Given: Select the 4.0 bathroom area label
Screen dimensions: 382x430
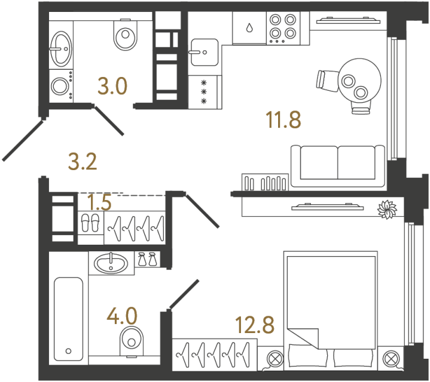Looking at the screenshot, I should [123, 314].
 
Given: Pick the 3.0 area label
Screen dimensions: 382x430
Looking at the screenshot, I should [112, 87].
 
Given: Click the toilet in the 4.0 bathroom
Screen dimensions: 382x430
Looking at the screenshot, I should [130, 341].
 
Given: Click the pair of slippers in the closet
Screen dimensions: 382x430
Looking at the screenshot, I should [92, 223].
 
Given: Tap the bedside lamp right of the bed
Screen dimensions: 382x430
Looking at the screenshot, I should [390, 359].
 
